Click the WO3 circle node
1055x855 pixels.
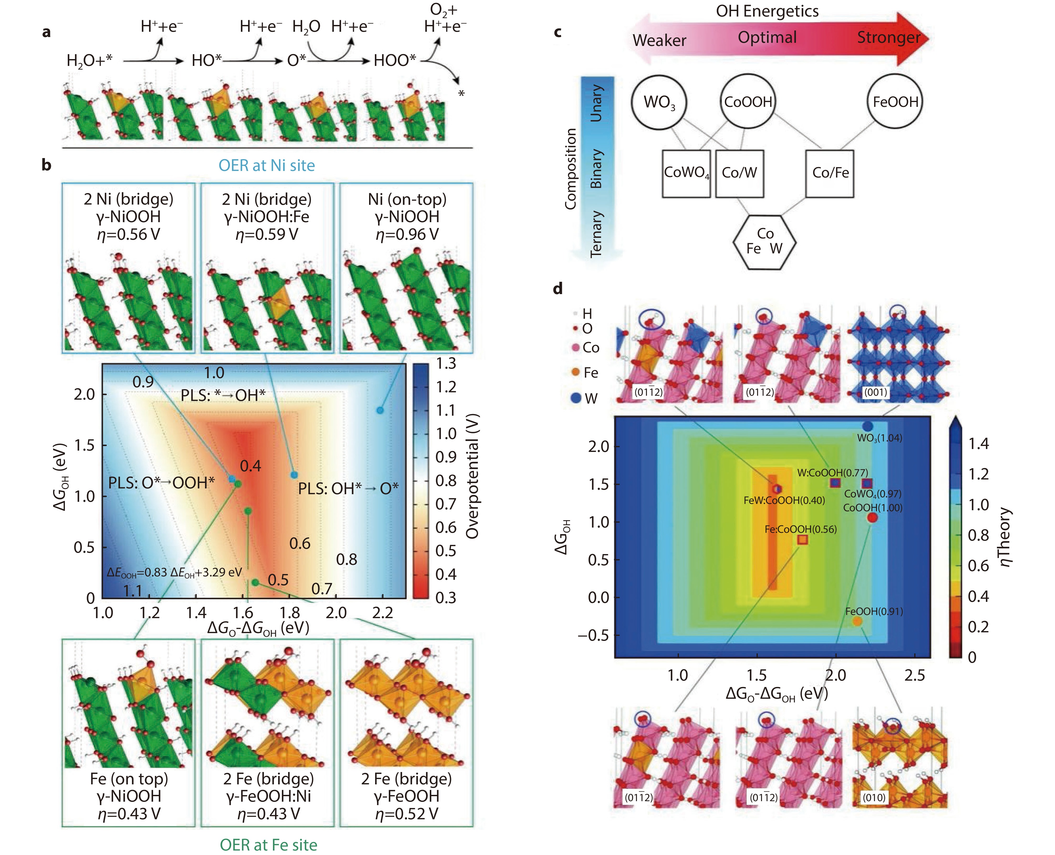click(659, 102)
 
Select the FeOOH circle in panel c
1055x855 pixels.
click(895, 102)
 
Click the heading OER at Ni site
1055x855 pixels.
click(267, 165)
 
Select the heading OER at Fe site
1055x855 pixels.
click(268, 844)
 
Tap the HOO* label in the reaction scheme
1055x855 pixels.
click(395, 61)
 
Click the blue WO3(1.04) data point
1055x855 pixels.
click(868, 426)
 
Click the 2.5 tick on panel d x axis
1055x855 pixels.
click(914, 675)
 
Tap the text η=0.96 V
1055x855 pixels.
click(407, 234)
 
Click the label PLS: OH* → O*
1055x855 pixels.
click(348, 489)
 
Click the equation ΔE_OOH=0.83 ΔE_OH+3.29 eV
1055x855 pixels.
click(174, 572)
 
